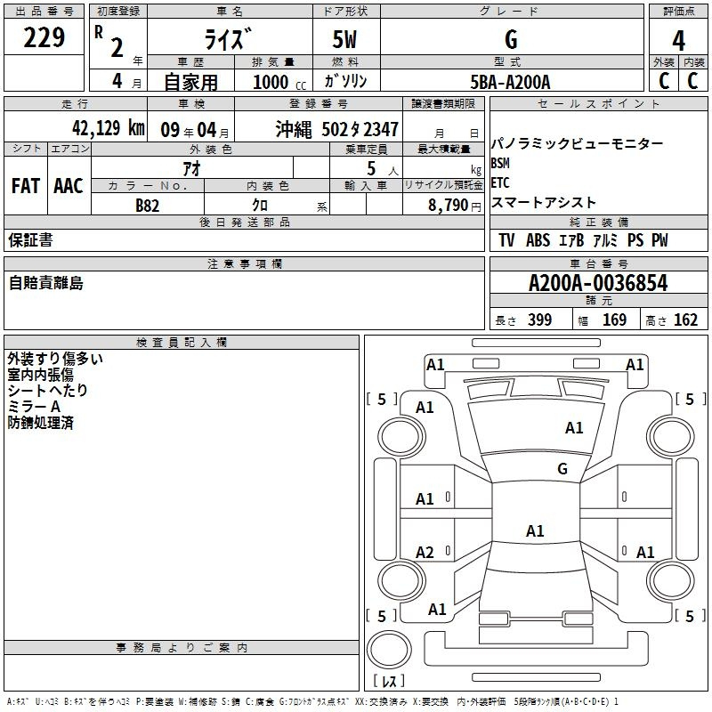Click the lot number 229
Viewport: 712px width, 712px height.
pyautogui.click(x=44, y=36)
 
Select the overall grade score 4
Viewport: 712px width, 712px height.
pyautogui.click(x=678, y=41)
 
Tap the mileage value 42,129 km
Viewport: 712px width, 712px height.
pyautogui.click(x=109, y=128)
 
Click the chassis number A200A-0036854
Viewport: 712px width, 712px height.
pyautogui.click(x=598, y=283)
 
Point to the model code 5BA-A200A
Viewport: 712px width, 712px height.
pyautogui.click(x=510, y=82)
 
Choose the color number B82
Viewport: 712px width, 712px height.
pyautogui.click(x=148, y=206)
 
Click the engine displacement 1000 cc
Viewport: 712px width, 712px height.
pyautogui.click(x=279, y=82)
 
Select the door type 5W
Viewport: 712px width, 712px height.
pyautogui.click(x=344, y=39)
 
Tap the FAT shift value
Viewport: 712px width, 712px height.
pyautogui.click(x=26, y=186)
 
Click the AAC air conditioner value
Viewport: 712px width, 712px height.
pyautogui.click(x=69, y=186)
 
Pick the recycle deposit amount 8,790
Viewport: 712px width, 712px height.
pyautogui.click(x=449, y=206)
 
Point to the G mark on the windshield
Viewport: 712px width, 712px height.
pyautogui.click(x=562, y=469)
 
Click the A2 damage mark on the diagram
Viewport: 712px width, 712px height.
pyautogui.click(x=425, y=553)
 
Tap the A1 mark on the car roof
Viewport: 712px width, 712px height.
pyautogui.click(x=535, y=530)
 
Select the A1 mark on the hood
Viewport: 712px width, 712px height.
pyautogui.click(x=574, y=428)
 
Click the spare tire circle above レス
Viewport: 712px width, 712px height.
pyautogui.click(x=389, y=649)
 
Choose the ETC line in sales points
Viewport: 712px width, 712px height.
pyautogui.click(x=500, y=183)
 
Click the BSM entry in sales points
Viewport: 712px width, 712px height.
pyautogui.click(x=500, y=163)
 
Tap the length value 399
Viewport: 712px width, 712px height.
pyautogui.click(x=540, y=320)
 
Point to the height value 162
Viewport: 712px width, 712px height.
pyautogui.click(x=685, y=320)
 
